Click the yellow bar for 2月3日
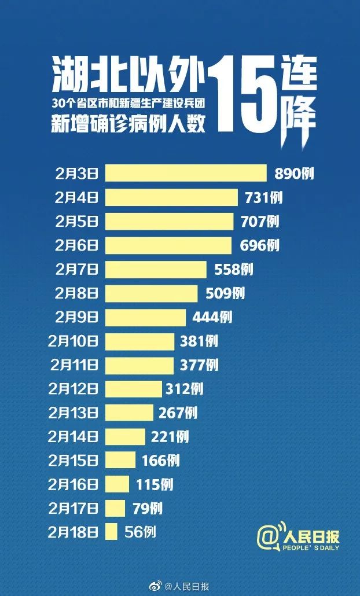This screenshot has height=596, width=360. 185,173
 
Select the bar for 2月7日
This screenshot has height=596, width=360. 155,269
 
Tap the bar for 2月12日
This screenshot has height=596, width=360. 134,389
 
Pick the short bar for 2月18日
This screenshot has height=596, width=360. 112,532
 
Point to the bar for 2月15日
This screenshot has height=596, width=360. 120,460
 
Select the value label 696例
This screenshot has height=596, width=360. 259,245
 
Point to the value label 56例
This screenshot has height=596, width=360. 140,532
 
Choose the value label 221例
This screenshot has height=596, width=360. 168,436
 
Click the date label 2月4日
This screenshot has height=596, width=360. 77,197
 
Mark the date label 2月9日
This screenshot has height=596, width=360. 77,317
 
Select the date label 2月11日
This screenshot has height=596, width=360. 74,365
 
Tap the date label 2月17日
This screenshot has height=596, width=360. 74,508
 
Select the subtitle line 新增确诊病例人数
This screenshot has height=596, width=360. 128,124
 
